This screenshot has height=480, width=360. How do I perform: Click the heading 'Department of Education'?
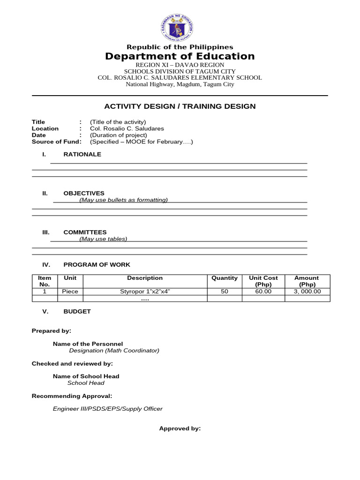[x=180, y=57]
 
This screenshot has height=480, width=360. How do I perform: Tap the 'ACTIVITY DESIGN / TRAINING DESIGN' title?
[x=180, y=106]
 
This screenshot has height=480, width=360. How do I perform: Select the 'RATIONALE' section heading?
[x=82, y=154]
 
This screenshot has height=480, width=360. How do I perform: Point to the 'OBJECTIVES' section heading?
[x=84, y=193]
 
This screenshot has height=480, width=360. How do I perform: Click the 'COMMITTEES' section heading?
[x=85, y=232]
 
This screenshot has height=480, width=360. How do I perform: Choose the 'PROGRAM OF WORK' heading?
[x=97, y=265]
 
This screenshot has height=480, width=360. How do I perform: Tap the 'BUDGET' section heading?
[x=77, y=311]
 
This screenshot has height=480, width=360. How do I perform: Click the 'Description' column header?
[x=145, y=278]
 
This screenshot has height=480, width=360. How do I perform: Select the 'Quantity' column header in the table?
[x=225, y=278]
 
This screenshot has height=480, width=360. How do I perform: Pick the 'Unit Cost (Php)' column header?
[x=263, y=281]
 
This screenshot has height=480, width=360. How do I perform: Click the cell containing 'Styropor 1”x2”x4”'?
[x=145, y=292]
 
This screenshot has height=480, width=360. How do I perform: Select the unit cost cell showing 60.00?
[x=263, y=292]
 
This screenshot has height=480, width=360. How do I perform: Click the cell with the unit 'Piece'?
[x=70, y=292]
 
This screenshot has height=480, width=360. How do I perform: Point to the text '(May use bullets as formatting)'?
[x=123, y=200]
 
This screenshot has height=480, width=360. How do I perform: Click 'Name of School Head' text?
[x=86, y=376]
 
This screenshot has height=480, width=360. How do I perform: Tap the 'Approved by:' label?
[x=180, y=428]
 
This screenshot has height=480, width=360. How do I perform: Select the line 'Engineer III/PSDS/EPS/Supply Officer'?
[x=108, y=409]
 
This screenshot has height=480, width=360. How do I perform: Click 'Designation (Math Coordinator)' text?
[x=114, y=350]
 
